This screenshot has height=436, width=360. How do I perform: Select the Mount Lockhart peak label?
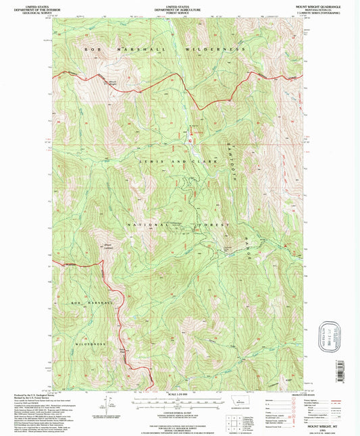tap(89, 246)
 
